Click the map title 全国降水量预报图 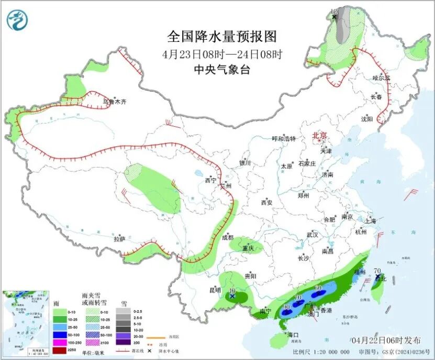tap(221, 36)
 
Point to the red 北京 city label tap(319, 136)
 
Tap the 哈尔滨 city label tap(382, 78)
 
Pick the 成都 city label tap(227, 237)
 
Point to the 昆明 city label tap(216, 290)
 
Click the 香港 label tap(325, 310)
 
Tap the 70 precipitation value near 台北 tap(377, 270)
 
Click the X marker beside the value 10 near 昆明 tap(232, 297)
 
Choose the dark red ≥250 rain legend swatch tap(59, 348)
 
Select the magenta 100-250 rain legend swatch tap(59, 342)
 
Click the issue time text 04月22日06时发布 tap(384, 340)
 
